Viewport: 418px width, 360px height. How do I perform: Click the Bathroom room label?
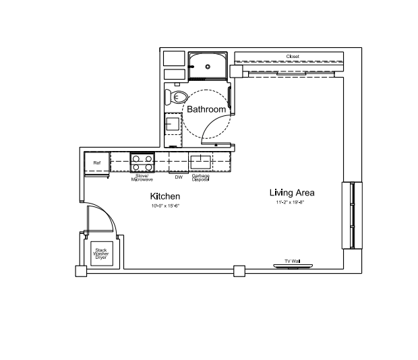pyautogui.click(x=206, y=109)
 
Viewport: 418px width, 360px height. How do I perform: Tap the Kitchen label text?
pyautogui.click(x=165, y=196)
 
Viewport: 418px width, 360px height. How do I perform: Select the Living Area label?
pyautogui.click(x=292, y=193)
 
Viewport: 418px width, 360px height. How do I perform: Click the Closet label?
pyautogui.click(x=293, y=57)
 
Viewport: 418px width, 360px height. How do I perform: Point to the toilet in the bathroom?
pyautogui.click(x=176, y=97)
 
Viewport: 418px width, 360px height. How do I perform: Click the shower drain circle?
pyautogui.click(x=208, y=67)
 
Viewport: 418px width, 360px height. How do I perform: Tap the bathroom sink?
pyautogui.click(x=173, y=124)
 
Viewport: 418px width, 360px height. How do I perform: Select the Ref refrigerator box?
pyautogui.click(x=97, y=163)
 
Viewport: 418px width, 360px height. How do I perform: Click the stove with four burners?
pyautogui.click(x=142, y=162)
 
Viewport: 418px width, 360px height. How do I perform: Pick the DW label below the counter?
pyautogui.click(x=179, y=177)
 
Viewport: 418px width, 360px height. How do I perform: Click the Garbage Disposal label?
pyautogui.click(x=200, y=178)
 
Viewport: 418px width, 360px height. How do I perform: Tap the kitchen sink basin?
pyautogui.click(x=200, y=162)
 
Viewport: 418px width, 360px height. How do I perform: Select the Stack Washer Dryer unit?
pyautogui.click(x=102, y=253)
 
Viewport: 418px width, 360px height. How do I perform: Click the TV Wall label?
pyautogui.click(x=293, y=261)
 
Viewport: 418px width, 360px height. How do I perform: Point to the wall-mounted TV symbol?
pyautogui.click(x=293, y=266)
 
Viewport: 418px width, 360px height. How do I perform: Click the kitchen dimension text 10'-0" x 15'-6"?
pyautogui.click(x=166, y=206)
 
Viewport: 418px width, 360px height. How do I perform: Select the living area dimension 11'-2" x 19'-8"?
pyautogui.click(x=290, y=202)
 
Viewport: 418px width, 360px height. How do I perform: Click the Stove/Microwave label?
pyautogui.click(x=142, y=178)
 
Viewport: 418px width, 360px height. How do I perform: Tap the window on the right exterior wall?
pyautogui.click(x=352, y=215)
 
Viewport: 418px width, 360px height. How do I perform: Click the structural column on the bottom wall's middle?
pyautogui.click(x=239, y=271)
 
